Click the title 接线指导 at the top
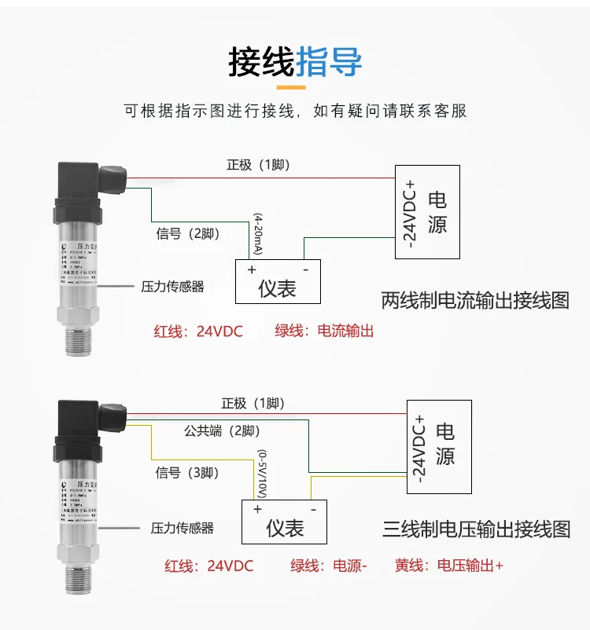(x=295, y=61)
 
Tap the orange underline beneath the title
(x=295, y=88)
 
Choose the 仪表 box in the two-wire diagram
(x=278, y=281)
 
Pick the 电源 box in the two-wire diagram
(x=427, y=211)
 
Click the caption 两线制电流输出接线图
(x=475, y=300)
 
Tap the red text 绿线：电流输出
(x=323, y=331)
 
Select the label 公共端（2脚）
(x=222, y=430)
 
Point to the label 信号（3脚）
(x=187, y=472)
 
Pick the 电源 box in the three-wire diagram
(x=439, y=445)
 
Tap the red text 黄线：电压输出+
(x=448, y=566)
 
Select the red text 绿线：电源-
(x=329, y=566)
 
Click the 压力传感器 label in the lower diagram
(x=182, y=528)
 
